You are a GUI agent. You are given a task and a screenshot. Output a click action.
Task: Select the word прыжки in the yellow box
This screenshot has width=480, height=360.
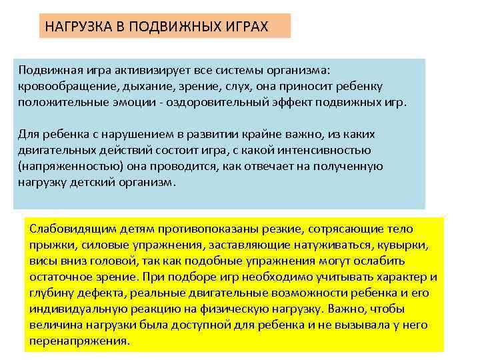click(x=48, y=245)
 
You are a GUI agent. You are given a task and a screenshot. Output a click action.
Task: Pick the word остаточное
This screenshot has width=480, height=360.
click(x=59, y=275)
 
